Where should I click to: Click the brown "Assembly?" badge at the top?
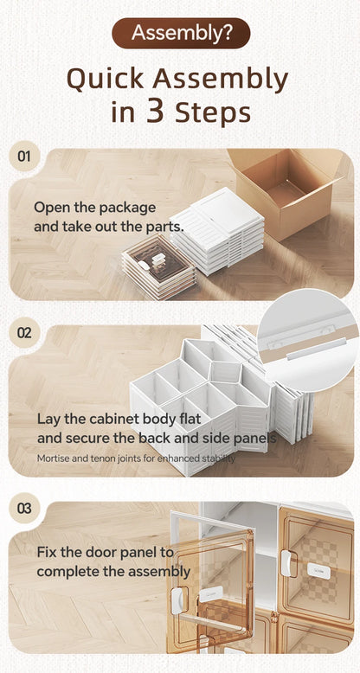point(180,33)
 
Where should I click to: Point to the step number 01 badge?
point(24,157)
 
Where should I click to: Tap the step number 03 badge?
point(24,510)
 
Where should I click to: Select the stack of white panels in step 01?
point(217,229)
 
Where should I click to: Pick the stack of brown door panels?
point(158,267)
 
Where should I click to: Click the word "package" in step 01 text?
point(127,208)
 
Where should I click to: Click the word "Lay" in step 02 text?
point(48,419)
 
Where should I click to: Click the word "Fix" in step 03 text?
point(47,552)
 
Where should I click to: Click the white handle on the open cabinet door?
point(181,597)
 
